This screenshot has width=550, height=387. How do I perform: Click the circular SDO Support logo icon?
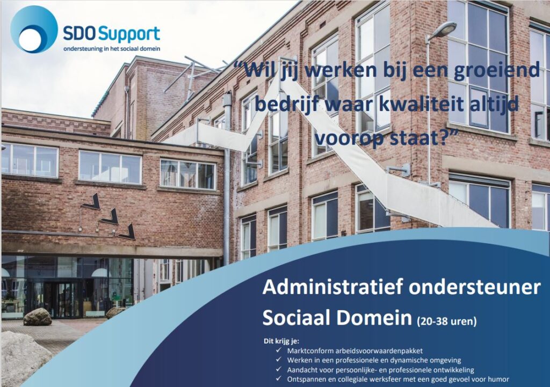click(x=34, y=29)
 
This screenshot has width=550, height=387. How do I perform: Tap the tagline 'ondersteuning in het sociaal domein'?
click(x=112, y=49)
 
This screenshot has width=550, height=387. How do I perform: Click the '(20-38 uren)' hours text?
click(x=446, y=321)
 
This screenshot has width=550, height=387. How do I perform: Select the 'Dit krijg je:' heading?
click(x=279, y=341)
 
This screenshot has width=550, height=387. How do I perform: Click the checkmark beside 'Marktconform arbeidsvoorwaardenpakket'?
click(x=279, y=350)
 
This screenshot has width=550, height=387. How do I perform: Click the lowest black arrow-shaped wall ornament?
click(x=128, y=232)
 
